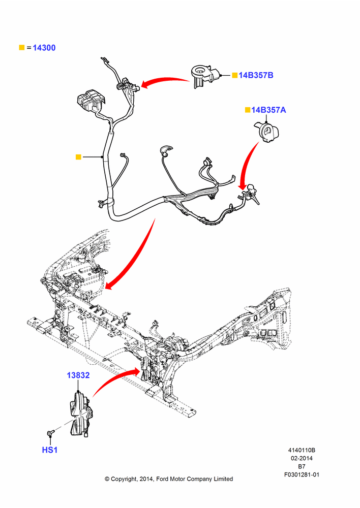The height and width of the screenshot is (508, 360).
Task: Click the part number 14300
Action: [44, 48]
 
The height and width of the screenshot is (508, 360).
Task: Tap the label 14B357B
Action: [256, 75]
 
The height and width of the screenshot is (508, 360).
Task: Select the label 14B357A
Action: [268, 110]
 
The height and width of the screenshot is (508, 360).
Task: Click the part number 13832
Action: [78, 375]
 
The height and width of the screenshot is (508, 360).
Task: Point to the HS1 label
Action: [50, 450]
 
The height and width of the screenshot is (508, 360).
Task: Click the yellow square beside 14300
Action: [22, 48]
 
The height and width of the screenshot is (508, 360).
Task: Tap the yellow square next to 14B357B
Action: [235, 75]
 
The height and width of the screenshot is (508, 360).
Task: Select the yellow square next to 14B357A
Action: [248, 110]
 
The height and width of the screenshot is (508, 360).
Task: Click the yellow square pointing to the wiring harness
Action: [78, 157]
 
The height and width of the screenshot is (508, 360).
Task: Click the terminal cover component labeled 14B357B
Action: [204, 76]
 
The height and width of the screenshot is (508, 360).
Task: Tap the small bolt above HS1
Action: [50, 432]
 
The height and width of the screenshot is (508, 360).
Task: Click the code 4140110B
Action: [302, 450]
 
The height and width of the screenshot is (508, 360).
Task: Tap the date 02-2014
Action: [302, 458]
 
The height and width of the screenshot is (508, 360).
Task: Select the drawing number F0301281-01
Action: [302, 474]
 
